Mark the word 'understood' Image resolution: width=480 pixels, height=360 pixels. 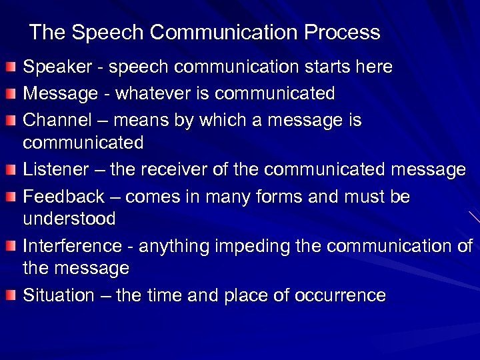[69, 219]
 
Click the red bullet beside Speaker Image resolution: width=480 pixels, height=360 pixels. [11, 68]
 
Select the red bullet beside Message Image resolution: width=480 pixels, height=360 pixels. [11, 94]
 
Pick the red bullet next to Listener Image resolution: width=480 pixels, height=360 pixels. [11, 171]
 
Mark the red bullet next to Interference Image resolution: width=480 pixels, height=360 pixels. [11, 247]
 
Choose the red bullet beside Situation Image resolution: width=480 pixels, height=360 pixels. [11, 296]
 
